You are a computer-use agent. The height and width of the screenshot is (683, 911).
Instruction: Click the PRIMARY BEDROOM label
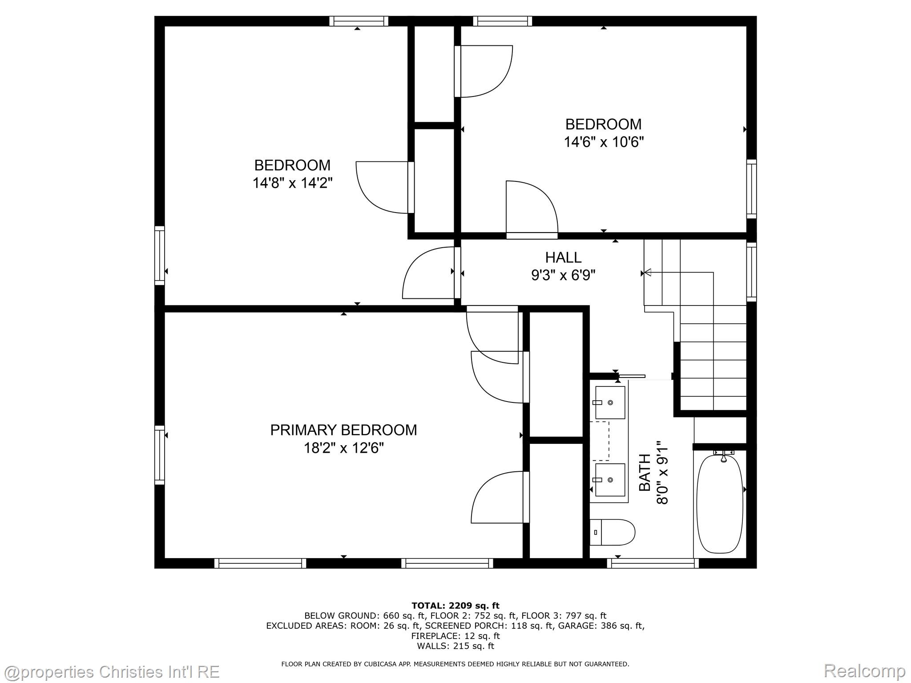coord(343,430)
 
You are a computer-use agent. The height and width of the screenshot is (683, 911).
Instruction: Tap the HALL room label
coord(563,257)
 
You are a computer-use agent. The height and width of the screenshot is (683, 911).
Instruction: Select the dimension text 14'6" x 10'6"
coord(604,142)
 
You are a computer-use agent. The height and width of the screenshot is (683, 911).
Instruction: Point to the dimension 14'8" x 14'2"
coord(292,183)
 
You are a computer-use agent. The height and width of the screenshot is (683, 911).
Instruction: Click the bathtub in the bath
coord(719,503)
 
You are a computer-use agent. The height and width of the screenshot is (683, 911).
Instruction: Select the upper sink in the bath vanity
coord(610,402)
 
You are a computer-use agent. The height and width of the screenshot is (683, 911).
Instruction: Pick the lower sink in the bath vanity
coord(610,480)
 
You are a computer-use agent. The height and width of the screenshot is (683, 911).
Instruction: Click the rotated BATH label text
coord(645,472)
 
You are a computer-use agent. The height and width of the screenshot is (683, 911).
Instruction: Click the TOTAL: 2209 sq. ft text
coord(455,606)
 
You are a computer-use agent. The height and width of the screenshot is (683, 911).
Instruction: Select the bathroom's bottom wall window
coord(653,563)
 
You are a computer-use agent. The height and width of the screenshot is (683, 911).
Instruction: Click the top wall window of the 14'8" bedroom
coord(359,21)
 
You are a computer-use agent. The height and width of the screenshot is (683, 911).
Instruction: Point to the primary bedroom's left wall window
coord(159,455)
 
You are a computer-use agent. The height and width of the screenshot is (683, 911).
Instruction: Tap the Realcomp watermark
coord(864,671)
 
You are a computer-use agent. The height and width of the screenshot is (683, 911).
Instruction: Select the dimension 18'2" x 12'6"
coord(343,448)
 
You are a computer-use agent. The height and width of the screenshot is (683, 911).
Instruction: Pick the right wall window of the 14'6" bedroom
coord(751,189)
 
